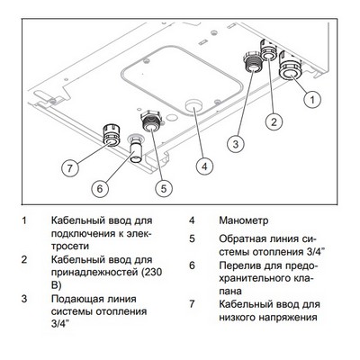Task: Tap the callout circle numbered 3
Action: (234, 142)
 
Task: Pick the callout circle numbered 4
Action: (206, 166)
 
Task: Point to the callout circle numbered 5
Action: (164, 188)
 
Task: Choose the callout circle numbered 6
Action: (101, 188)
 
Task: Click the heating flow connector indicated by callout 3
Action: (249, 62)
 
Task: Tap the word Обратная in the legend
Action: (243, 239)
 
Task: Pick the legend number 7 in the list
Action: (192, 305)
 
